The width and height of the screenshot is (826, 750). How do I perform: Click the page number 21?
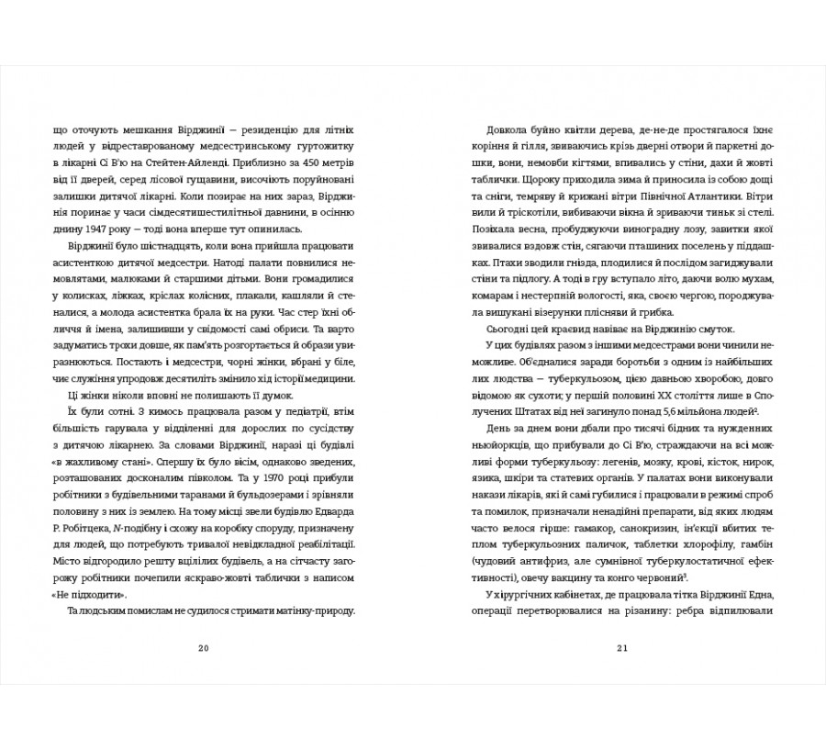pyautogui.click(x=621, y=647)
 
